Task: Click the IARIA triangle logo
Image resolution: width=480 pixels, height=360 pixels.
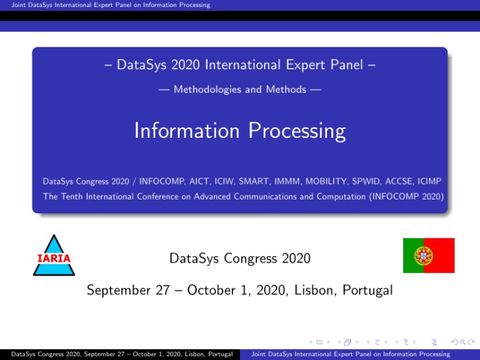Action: click(x=54, y=256)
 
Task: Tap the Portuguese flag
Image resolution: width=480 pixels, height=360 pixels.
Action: click(x=429, y=255)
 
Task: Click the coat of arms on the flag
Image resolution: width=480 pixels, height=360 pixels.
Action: click(x=423, y=256)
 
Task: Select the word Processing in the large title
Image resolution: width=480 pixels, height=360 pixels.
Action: click(x=297, y=131)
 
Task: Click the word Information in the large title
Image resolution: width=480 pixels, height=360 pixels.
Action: click(x=187, y=130)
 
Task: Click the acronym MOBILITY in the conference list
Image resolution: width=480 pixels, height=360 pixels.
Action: click(x=326, y=181)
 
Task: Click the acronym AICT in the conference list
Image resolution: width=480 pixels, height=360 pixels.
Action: click(x=200, y=181)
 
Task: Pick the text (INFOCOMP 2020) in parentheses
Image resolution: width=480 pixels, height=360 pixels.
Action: click(x=407, y=196)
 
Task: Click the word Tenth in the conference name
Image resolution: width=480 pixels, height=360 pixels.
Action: click(x=71, y=196)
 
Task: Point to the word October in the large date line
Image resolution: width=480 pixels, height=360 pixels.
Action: click(x=211, y=290)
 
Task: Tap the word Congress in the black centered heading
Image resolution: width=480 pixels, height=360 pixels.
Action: click(x=250, y=259)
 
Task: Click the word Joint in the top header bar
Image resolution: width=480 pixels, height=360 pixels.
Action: click(x=18, y=5)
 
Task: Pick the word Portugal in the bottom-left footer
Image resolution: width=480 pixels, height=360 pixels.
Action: click(x=220, y=355)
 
